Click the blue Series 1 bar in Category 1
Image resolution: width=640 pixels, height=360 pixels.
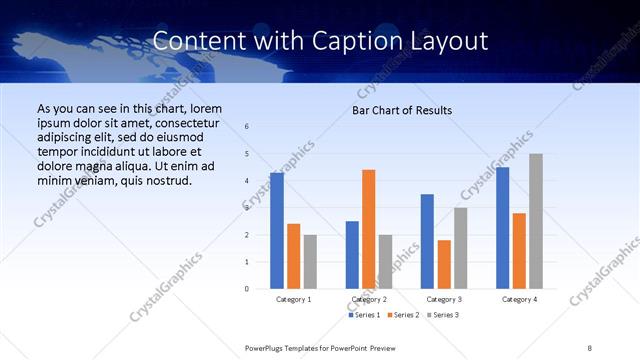[x=276, y=231]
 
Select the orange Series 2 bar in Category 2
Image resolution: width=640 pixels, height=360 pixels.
[x=369, y=229]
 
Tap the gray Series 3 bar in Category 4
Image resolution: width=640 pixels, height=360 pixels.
[x=536, y=221]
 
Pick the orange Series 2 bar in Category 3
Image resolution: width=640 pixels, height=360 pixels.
[x=444, y=264]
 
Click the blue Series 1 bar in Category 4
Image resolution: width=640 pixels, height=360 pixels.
[x=502, y=228]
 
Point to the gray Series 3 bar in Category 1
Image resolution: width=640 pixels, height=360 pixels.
[x=310, y=262]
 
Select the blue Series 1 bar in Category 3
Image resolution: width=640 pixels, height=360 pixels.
[x=427, y=241]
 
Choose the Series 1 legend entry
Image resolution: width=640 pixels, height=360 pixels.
[x=364, y=315]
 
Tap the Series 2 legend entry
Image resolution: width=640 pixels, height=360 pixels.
[x=402, y=315]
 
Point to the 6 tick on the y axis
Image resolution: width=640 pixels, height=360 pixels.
[x=246, y=127]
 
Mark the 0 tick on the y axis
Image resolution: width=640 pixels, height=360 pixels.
[x=246, y=289]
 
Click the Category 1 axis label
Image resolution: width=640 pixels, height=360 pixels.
[x=293, y=299]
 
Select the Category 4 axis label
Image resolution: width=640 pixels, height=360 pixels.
[x=519, y=299]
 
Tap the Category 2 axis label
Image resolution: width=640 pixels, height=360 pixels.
[x=368, y=299]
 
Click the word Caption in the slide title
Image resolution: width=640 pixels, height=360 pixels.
[x=372, y=41]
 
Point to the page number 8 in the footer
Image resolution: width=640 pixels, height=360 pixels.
[x=589, y=347]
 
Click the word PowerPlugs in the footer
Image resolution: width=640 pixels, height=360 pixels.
[x=268, y=347]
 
